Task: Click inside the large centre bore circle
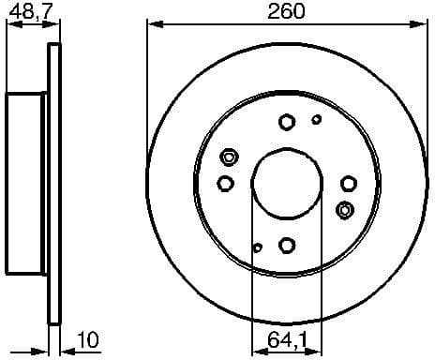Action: (286, 183)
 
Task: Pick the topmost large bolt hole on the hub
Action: (287, 121)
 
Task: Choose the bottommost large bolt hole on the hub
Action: (287, 245)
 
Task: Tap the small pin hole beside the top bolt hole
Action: (316, 119)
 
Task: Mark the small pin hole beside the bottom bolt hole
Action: (258, 247)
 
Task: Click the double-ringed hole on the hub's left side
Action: (227, 157)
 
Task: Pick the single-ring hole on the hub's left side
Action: (225, 183)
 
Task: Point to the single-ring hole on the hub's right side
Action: (348, 183)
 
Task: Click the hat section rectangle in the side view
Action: (26, 183)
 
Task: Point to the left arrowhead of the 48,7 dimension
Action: (9, 24)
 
